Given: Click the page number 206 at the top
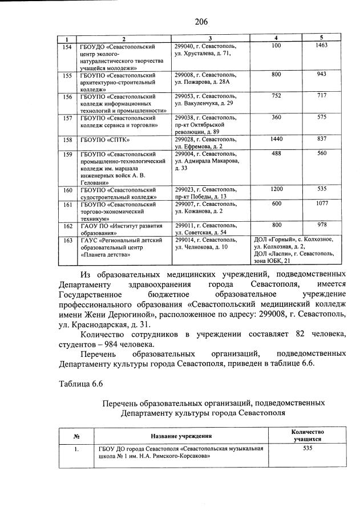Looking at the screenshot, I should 200,22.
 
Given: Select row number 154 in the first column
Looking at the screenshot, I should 67,46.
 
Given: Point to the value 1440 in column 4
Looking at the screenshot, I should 277,139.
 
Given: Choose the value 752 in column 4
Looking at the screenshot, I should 277,96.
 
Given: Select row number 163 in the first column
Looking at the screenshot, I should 67,241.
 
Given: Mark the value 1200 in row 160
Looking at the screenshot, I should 277,189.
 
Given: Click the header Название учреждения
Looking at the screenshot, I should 181,436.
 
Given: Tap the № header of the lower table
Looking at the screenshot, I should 76,436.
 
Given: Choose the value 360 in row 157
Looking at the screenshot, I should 277,117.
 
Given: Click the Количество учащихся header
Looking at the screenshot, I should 308,436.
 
